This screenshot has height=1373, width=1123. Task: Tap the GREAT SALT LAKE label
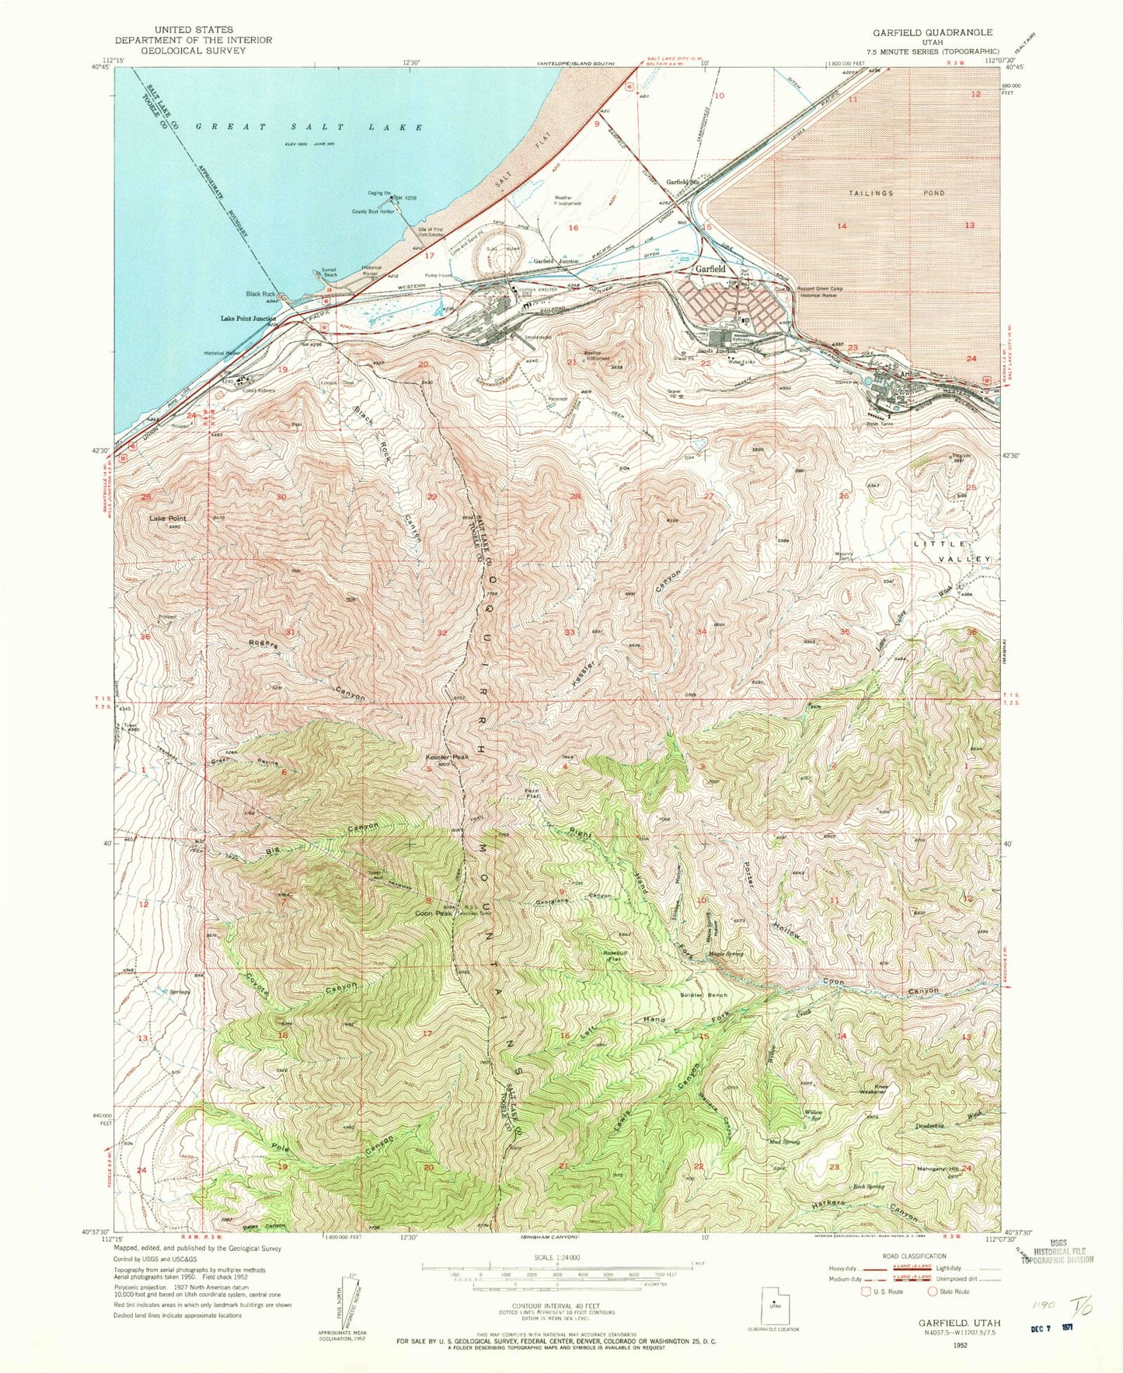(309, 127)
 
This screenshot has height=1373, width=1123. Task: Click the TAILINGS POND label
(895, 193)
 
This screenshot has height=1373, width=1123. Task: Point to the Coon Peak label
(433, 914)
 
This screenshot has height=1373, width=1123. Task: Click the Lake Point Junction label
(248, 319)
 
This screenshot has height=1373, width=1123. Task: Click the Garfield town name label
(710, 268)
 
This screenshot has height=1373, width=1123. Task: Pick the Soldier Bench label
(703, 995)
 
